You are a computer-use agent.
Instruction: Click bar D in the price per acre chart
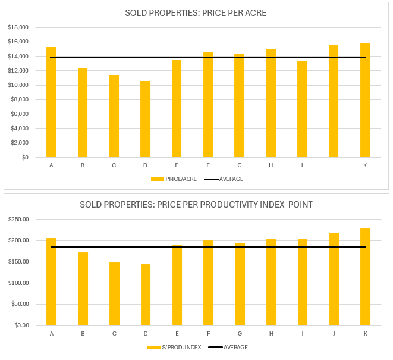point(145,119)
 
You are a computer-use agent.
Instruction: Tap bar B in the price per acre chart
point(83,113)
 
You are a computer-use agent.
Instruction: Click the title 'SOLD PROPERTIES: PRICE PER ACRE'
point(196,14)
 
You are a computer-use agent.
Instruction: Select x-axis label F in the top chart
point(208,165)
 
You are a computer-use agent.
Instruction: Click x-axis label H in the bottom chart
point(271,333)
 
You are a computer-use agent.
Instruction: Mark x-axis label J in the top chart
point(334,165)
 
